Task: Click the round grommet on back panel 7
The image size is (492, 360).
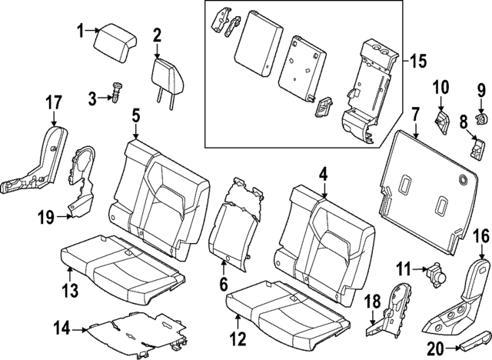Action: tap(464, 180)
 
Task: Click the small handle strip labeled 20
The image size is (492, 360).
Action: tap(471, 338)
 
